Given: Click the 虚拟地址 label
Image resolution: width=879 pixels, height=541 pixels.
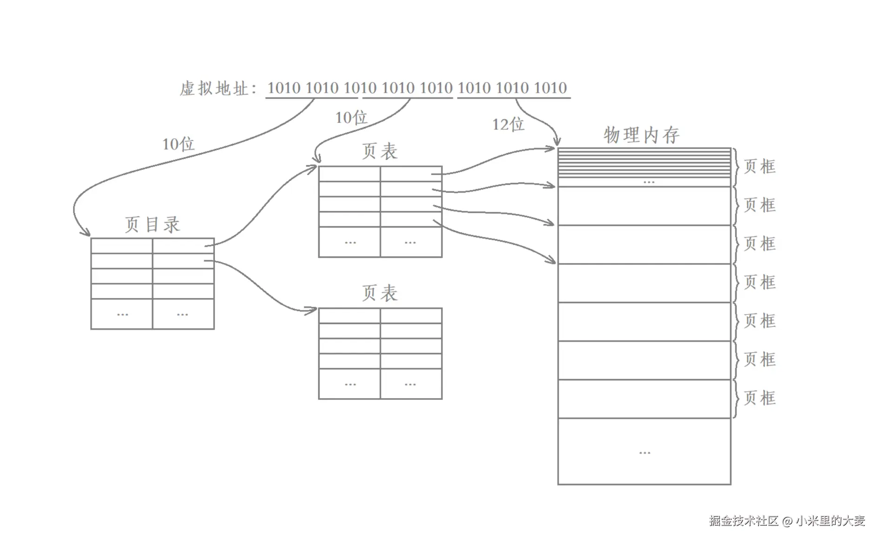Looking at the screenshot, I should pos(215,88).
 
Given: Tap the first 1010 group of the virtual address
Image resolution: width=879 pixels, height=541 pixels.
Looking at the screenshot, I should pos(283,88).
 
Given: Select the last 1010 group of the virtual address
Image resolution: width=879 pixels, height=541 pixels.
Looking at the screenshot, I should pos(550,88).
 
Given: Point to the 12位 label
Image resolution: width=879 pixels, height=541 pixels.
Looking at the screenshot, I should pos(508,124).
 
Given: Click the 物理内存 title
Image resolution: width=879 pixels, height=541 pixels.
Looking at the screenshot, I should pos(641,135).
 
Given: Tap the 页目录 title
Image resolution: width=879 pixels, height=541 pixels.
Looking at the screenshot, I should pos(152,224).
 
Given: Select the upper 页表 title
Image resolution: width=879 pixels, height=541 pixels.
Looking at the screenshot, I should pos(380,151).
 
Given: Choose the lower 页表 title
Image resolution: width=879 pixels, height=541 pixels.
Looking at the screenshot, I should pos(380,293).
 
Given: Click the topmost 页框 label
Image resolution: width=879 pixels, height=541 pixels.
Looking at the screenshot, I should pos(759,166).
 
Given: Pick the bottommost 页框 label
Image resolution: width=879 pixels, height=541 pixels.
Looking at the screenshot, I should pos(759,398).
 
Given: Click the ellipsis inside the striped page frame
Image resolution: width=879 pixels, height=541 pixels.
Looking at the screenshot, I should pos(649,182).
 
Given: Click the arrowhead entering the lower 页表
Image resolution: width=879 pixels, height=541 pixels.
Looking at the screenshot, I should pos(312,310).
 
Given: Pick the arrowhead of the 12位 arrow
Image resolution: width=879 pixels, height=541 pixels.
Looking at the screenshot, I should pos(557,141).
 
